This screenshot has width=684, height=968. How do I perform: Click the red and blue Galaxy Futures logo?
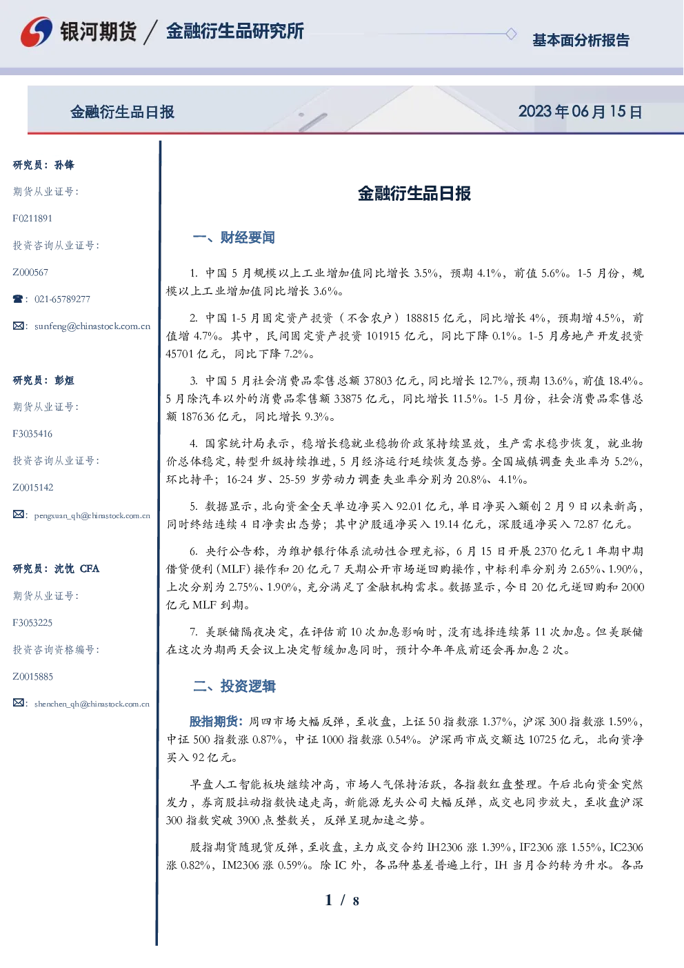tap(37, 32)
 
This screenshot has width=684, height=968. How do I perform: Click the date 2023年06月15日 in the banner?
tap(580, 112)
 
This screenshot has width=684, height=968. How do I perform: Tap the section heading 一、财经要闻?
tap(234, 237)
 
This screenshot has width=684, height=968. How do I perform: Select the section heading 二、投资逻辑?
tap(234, 687)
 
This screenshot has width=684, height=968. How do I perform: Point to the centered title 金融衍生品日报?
tap(414, 193)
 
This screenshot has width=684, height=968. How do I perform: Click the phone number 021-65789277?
tap(62, 299)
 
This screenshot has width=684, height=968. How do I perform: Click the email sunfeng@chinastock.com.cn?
tap(92, 326)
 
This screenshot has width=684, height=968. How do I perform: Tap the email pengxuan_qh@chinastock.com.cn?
tap(92, 515)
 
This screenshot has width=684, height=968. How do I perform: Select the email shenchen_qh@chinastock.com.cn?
tap(92, 704)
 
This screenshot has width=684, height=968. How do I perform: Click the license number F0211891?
tap(32, 218)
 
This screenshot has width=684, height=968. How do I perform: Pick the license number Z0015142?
tap(33, 488)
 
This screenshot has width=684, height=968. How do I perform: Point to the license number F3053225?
tap(32, 623)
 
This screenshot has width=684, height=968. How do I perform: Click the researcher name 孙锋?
tap(64, 165)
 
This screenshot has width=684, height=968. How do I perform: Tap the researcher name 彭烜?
tap(64, 380)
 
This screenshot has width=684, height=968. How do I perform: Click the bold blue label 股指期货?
tap(217, 721)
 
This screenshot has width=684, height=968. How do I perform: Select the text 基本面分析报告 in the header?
tap(581, 40)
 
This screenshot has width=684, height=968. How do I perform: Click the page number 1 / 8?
tap(342, 900)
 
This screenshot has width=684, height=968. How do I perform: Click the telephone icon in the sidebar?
tap(18, 299)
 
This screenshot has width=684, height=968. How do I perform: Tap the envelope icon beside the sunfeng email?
tap(18, 326)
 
